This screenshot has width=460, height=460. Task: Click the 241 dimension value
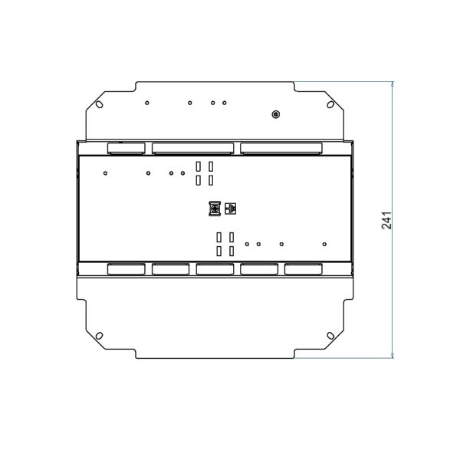click(x=386, y=220)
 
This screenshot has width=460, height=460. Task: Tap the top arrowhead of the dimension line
click(x=393, y=84)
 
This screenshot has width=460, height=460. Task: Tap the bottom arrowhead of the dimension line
click(x=393, y=355)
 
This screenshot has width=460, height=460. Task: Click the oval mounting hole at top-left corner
click(x=100, y=104)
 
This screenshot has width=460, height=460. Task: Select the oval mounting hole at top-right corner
click(x=330, y=104)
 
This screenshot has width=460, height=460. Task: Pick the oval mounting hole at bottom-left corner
click(x=100, y=336)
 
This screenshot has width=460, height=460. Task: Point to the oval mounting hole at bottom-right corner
click(x=330, y=336)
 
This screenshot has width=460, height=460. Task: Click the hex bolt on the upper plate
click(x=275, y=114)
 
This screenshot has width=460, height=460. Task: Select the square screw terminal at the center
click(x=215, y=209)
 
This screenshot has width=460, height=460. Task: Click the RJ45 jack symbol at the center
click(x=231, y=209)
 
